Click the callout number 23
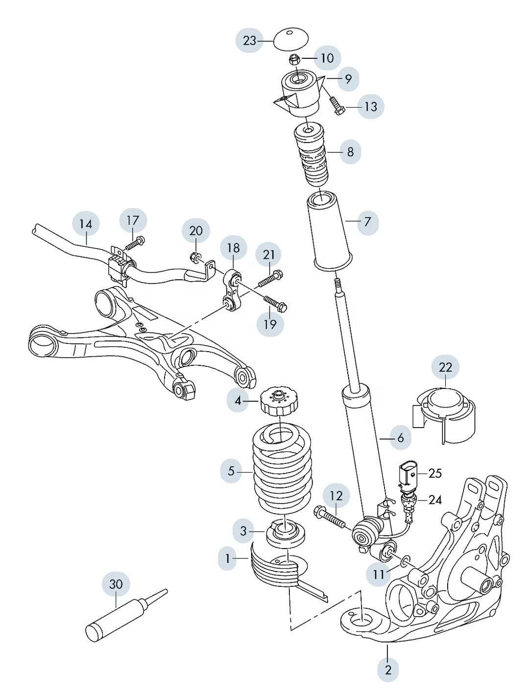(250, 40)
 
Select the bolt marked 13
(337, 106)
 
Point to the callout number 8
(350, 151)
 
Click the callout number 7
(367, 221)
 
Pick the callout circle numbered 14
(86, 224)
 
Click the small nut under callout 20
(195, 256)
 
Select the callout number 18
(233, 248)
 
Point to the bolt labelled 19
(275, 303)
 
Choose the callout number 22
(445, 367)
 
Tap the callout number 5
(231, 471)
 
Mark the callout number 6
(400, 438)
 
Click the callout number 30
(116, 584)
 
